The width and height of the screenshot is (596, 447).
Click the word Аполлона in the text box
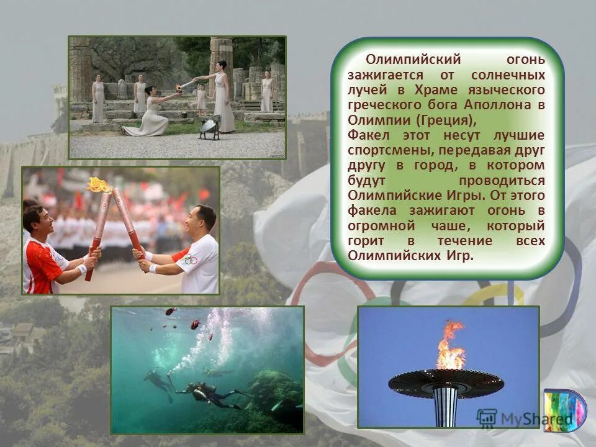(503, 105)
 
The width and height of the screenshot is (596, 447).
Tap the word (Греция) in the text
(447, 120)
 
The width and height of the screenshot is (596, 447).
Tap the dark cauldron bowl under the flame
(446, 381)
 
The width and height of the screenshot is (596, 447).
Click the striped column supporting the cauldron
(445, 406)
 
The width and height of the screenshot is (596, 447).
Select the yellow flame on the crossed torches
(99, 185)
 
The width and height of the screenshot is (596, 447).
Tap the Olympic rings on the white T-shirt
(191, 259)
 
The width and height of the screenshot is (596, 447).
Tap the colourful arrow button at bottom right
(564, 410)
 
